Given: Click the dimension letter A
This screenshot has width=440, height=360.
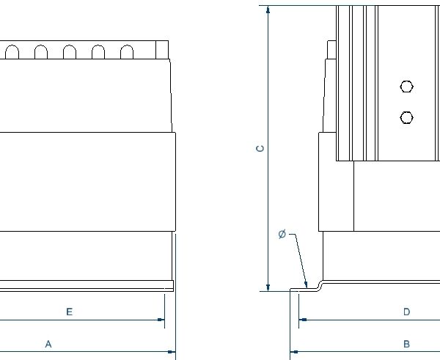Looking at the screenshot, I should click(x=48, y=343).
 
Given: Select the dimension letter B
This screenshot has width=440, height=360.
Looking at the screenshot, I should click(x=406, y=343).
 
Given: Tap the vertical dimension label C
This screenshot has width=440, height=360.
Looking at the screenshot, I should click(x=260, y=149).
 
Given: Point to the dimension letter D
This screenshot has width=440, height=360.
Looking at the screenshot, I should click(x=406, y=312).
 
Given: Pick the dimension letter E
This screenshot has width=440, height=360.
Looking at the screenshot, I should click(x=69, y=312).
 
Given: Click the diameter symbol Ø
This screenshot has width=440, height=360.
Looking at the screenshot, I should click(x=282, y=234).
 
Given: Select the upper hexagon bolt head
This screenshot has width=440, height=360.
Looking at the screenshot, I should click(x=407, y=87).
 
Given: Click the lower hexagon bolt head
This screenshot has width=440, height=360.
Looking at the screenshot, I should click(x=407, y=117).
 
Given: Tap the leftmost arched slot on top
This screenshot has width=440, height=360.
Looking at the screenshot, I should click(x=12, y=51).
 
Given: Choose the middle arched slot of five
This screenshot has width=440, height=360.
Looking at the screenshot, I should click(x=70, y=51).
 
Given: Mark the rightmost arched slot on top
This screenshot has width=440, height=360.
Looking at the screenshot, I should click(x=127, y=51).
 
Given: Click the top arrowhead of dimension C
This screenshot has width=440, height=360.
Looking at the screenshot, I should click(x=269, y=11).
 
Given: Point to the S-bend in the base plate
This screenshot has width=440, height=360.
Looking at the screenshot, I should click(x=319, y=284).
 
